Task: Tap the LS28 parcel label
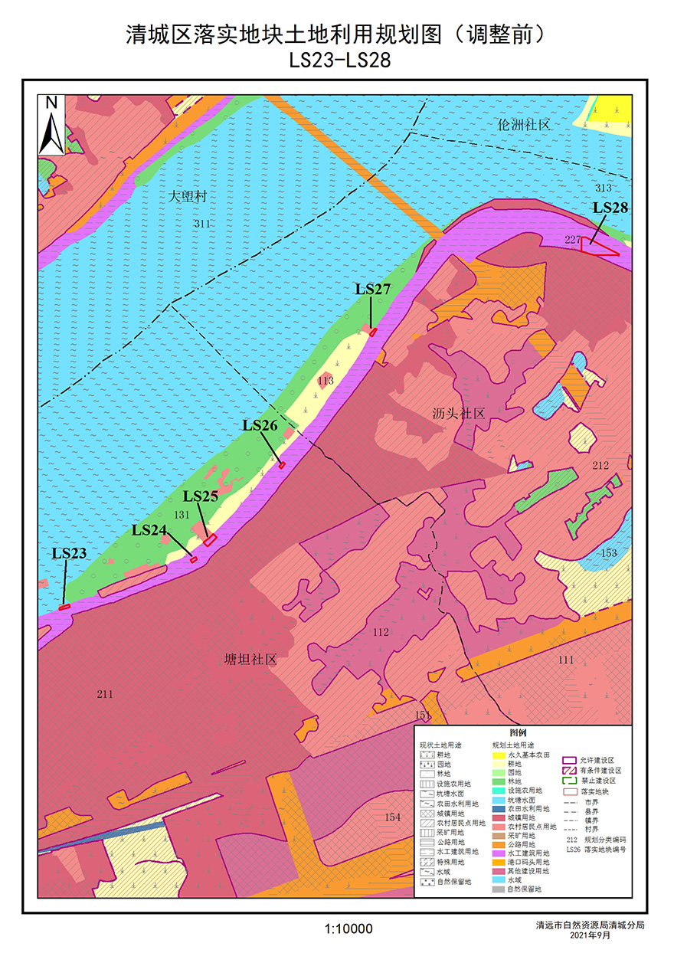[610, 208]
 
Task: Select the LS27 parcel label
[373, 289]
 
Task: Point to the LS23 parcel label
[69, 553]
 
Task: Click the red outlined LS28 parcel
[597, 247]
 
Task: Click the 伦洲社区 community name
[524, 125]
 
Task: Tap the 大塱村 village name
[188, 197]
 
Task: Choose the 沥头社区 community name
[458, 414]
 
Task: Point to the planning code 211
[105, 694]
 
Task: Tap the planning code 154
[392, 817]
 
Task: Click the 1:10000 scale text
[348, 929]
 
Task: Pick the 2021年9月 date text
[590, 935]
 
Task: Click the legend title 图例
[528, 733]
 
